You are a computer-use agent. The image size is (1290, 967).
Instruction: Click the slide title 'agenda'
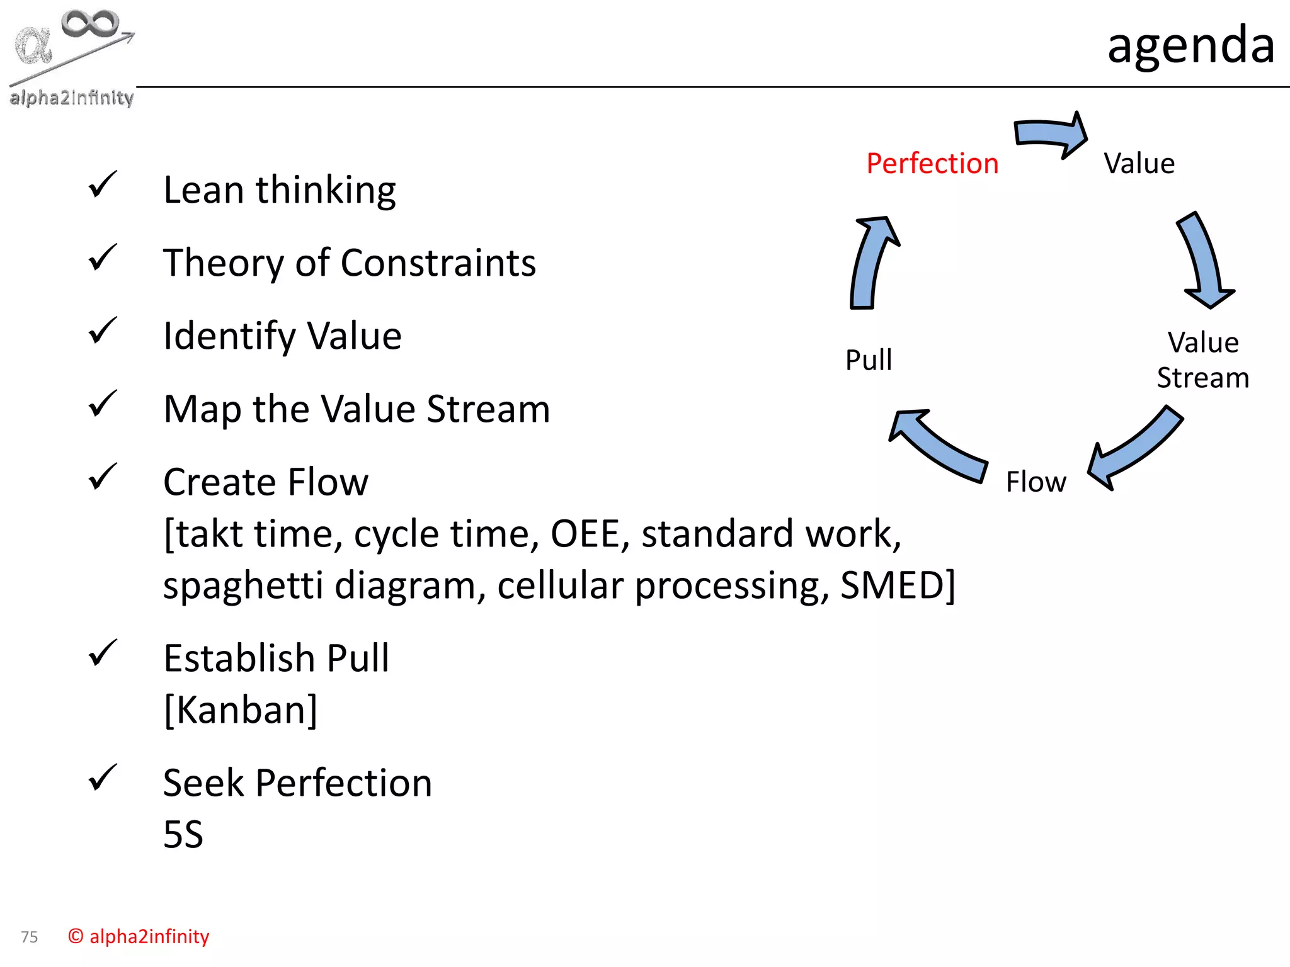coord(1190,45)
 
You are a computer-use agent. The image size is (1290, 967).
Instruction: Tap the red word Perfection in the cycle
coord(932,164)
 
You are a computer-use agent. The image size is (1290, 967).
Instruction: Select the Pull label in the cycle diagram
coord(869,360)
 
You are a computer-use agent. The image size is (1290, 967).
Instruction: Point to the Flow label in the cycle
coord(1036,482)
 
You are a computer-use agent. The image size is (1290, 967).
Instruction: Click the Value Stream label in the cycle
coord(1203,360)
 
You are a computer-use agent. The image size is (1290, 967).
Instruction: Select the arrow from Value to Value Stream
coord(1205,261)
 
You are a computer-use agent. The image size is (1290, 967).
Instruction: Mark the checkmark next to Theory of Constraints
coord(103,257)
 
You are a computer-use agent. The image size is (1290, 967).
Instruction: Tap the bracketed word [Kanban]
coord(241,710)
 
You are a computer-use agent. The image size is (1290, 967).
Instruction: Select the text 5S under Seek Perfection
coord(183,835)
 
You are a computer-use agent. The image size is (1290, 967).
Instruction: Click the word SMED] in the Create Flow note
coord(898,585)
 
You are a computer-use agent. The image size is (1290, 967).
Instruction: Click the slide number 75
coord(30,937)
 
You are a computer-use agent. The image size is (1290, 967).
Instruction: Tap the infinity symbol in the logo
coord(90,23)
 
